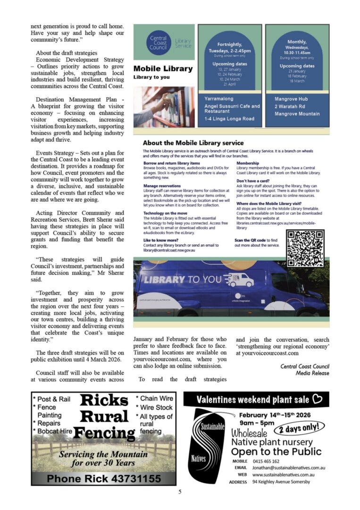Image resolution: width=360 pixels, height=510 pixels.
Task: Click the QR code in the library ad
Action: (305, 248)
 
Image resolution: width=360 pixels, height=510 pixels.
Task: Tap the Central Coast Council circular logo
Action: (158, 43)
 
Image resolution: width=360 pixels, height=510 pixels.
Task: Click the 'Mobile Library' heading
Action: (163, 68)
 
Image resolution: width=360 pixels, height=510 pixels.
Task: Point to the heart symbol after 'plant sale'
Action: (317, 399)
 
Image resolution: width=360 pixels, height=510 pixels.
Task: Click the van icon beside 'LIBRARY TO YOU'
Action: (238, 280)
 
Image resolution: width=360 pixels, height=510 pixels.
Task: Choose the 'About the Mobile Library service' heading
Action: (193, 143)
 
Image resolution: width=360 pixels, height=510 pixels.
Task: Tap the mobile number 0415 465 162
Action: (266, 461)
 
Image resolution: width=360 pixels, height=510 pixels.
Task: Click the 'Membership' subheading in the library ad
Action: (248, 163)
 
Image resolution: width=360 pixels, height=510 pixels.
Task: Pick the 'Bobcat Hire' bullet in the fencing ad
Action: (54, 431)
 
